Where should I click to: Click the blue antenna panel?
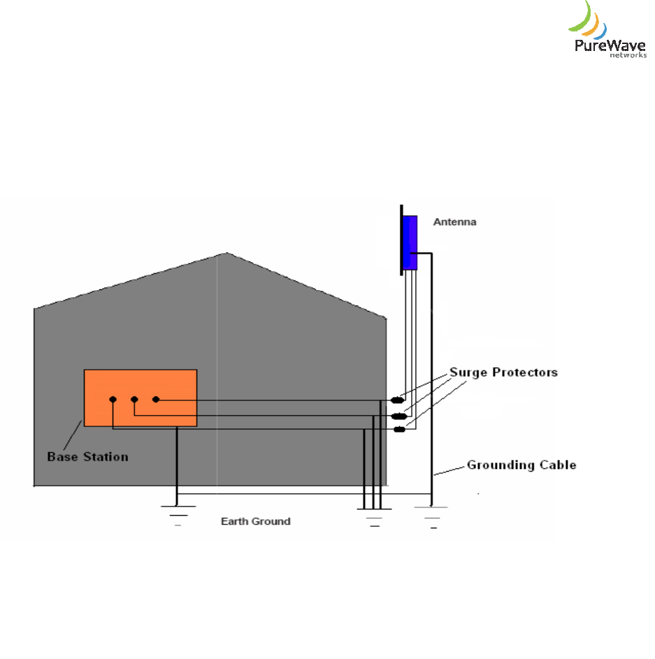click(410, 242)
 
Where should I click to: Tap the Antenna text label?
click(454, 222)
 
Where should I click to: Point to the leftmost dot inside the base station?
click(113, 400)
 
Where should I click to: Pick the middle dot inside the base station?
click(134, 400)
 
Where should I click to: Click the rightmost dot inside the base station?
click(156, 400)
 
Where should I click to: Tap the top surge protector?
click(398, 400)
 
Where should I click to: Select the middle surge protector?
click(399, 416)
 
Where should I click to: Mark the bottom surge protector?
click(399, 429)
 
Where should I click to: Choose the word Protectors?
click(525, 372)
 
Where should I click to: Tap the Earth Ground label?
click(255, 521)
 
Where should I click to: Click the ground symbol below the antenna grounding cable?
click(433, 517)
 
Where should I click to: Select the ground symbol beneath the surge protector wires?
click(373, 517)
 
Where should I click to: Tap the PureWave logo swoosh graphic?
click(587, 21)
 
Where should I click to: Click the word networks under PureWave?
click(628, 55)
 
